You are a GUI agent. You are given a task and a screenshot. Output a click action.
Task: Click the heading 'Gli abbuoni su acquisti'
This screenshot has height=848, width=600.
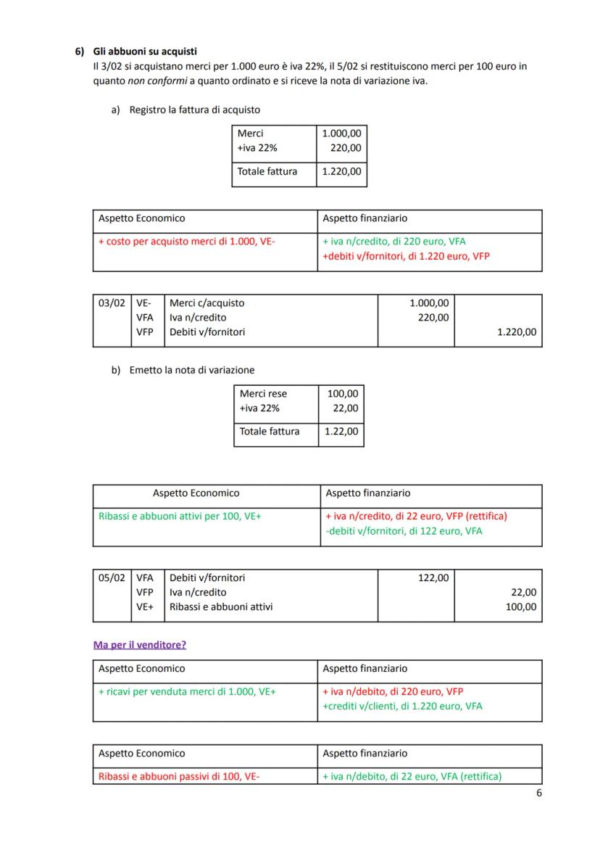pos(145,52)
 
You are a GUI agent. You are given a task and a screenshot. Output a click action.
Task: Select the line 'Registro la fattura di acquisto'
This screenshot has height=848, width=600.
pos(194,110)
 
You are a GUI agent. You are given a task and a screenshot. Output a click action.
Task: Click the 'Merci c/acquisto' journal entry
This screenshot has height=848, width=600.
pos(207,303)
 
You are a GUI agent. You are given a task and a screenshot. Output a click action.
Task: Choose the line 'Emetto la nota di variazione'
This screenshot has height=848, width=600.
pos(191,370)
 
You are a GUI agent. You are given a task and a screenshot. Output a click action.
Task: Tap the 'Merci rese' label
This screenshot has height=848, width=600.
pos(263,393)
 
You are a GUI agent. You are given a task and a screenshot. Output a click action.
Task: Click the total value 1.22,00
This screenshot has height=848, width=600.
pos(341,432)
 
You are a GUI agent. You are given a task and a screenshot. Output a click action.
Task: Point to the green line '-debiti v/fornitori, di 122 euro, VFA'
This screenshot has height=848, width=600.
pos(404,531)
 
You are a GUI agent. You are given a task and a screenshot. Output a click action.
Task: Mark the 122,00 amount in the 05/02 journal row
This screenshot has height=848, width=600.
pos(433,577)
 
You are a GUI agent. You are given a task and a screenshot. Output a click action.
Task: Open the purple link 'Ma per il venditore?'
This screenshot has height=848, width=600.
pos(139,644)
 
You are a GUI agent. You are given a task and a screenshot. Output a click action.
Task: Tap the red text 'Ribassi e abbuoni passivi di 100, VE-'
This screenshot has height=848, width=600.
pos(179,776)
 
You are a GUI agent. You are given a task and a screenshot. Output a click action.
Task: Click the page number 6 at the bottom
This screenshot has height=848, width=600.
pos(538,793)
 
